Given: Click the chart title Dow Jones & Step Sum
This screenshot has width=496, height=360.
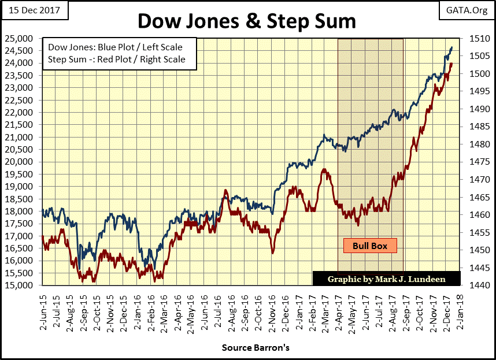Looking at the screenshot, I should click(x=247, y=21).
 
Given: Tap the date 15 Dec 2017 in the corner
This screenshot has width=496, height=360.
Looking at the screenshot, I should click(x=34, y=10).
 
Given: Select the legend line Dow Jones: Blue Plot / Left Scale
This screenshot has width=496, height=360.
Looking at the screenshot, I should click(x=120, y=47).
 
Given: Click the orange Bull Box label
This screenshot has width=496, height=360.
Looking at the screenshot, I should click(x=370, y=246).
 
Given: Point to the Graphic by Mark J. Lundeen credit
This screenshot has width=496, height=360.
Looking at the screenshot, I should click(x=386, y=279).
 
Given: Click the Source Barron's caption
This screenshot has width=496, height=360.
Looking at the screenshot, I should click(x=255, y=348).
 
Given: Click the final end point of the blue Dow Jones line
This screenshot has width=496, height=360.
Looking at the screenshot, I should click(x=451, y=47).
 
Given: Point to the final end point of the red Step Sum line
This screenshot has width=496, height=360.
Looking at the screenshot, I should click(x=451, y=64).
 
